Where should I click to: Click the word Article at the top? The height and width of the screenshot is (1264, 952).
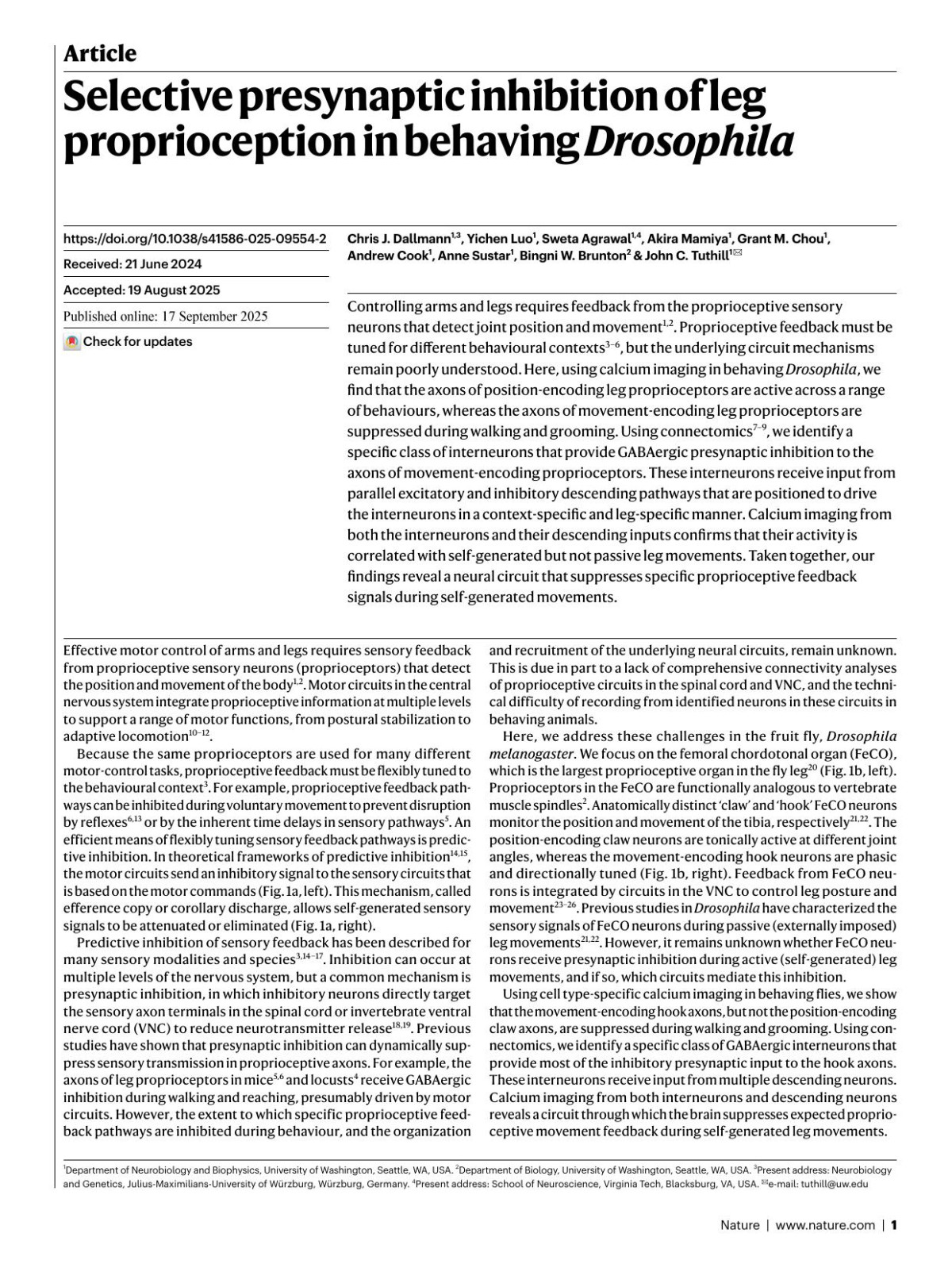pos(99,54)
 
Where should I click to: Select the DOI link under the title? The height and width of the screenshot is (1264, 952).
pos(194,238)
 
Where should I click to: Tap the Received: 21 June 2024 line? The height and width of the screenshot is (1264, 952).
pos(132,264)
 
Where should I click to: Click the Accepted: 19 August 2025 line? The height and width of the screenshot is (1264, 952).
pos(141,290)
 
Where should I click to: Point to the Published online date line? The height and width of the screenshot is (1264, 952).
pos(165,316)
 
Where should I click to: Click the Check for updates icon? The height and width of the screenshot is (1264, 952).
pos(72,342)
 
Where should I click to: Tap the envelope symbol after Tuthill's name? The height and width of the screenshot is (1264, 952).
pos(737,254)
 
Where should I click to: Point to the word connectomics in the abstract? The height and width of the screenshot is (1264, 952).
pos(708,432)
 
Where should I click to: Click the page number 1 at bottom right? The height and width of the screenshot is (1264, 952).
pos(893,1225)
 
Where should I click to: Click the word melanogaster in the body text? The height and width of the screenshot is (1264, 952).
pos(526,754)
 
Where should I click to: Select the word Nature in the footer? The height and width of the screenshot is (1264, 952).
pos(739,1225)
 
